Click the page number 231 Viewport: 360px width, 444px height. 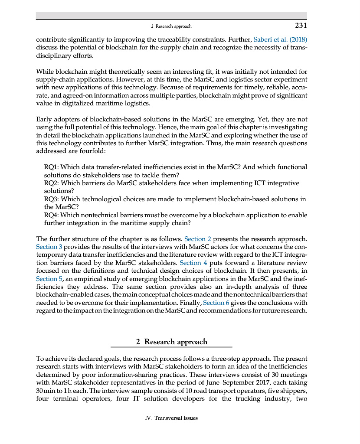pyautogui.click(x=301, y=26)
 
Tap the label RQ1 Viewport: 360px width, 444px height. pyautogui.click(x=51, y=167)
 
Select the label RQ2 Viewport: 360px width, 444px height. pyautogui.click(x=51, y=183)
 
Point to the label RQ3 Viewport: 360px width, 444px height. pyautogui.click(x=51, y=199)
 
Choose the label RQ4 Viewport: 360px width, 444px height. pyautogui.click(x=51, y=215)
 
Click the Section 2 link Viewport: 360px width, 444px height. pyautogui.click(x=198, y=238)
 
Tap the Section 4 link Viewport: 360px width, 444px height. pyautogui.click(x=190, y=263)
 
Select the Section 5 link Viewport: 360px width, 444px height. pyautogui.click(x=47, y=279)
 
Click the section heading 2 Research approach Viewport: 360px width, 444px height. pyautogui.click(x=171, y=342)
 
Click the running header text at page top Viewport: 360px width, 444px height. pyautogui.click(x=171, y=26)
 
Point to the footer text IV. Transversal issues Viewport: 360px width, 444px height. pyautogui.click(x=171, y=418)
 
